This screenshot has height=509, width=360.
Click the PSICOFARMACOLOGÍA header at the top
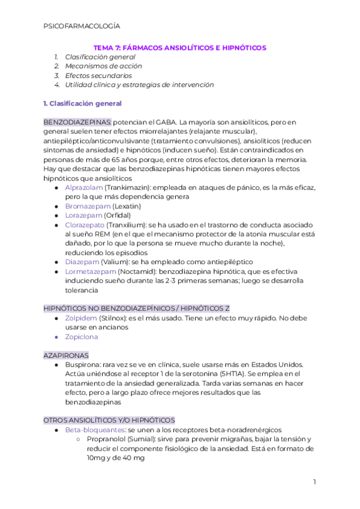(82, 26)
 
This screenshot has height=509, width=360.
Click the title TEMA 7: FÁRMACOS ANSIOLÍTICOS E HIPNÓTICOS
(180, 47)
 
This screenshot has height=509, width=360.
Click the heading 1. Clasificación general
(83, 103)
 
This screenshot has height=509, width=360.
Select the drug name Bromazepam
(85, 206)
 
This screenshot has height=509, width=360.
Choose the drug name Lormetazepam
(90, 271)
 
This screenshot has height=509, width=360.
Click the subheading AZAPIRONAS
(66, 355)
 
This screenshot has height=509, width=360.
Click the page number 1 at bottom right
(314, 482)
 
